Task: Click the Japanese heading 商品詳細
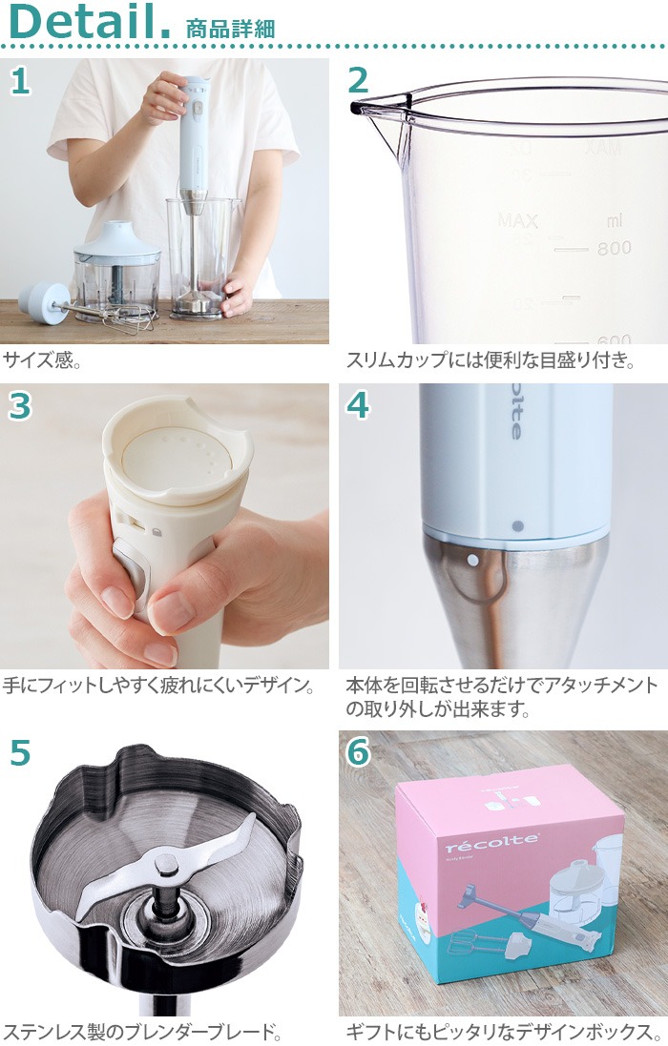pos(230,28)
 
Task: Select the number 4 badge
pos(358,405)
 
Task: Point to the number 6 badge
pos(358,752)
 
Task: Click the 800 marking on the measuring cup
pos(615,249)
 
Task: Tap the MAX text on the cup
pos(517,222)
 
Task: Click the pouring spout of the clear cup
pos(360,109)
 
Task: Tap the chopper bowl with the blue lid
pos(116,272)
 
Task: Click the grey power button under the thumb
pos(132,573)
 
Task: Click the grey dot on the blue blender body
pos(517,525)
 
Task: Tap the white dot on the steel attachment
pos(472,562)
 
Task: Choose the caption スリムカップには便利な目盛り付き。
pos(490,361)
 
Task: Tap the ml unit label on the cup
pos(614,222)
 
